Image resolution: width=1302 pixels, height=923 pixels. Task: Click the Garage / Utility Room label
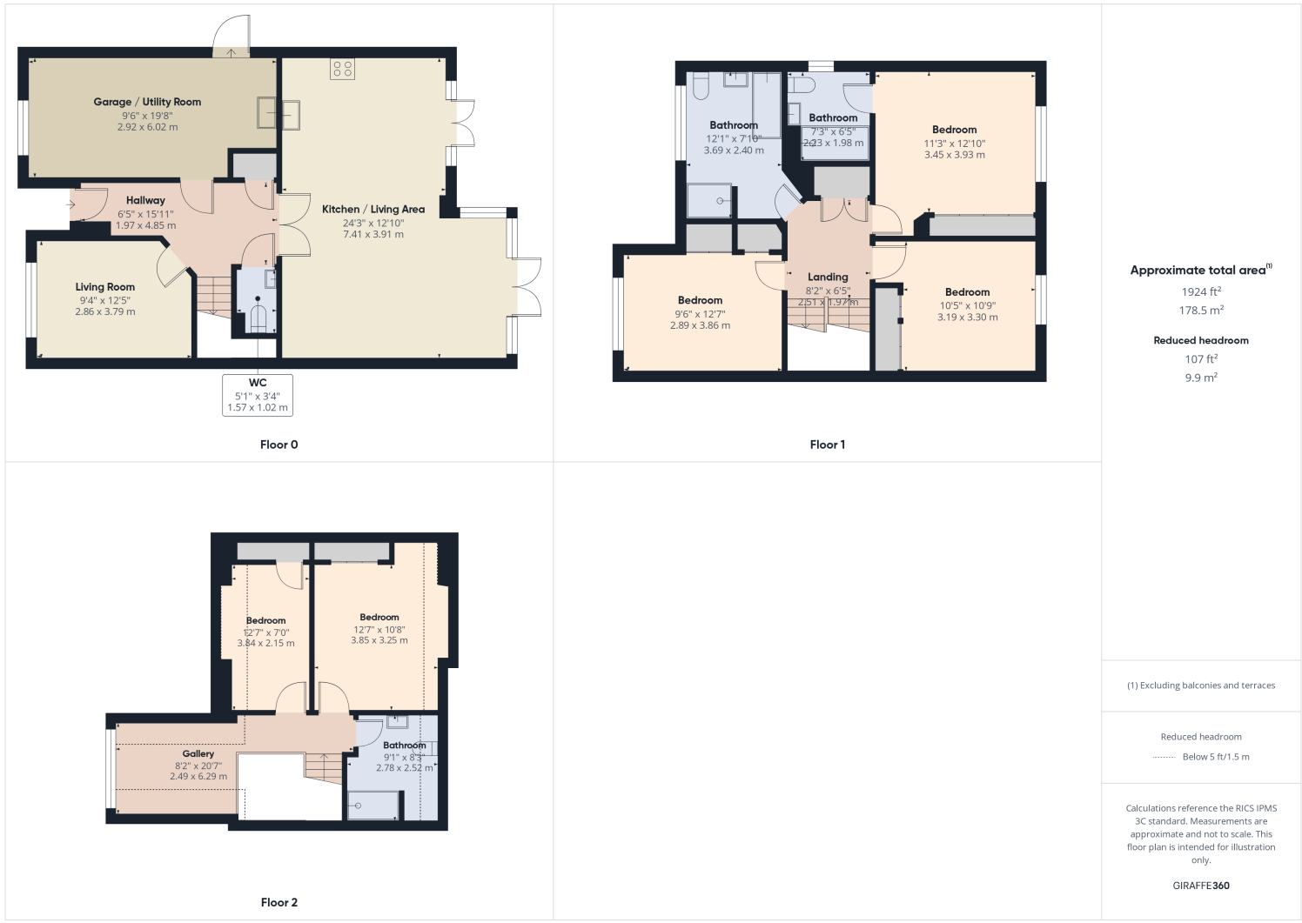[147, 102]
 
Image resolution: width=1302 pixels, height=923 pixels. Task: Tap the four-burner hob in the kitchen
[342, 69]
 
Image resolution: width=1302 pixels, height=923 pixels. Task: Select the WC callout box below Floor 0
[258, 395]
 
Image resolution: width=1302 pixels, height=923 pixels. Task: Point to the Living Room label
[104, 287]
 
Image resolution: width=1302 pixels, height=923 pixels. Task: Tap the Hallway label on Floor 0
[145, 200]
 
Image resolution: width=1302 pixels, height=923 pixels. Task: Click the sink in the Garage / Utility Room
[279, 114]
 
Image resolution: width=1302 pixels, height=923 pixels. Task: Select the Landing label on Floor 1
[827, 277]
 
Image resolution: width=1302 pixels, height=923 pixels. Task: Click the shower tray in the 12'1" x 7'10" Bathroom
[709, 200]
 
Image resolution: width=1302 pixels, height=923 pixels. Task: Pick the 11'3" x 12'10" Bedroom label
[954, 130]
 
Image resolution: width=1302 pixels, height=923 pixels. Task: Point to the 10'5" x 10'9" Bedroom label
[967, 292]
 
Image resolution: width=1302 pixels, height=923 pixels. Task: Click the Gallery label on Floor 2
[198, 753]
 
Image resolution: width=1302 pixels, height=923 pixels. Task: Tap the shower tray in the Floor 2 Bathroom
[373, 805]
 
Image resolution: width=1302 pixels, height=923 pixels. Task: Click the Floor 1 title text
[827, 445]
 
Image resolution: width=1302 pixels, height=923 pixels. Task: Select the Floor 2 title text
[279, 902]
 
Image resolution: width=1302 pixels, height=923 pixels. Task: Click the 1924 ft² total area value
[1200, 292]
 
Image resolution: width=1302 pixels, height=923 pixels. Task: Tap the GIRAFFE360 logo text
[1200, 886]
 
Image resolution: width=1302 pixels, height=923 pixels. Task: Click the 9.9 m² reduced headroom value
[1200, 378]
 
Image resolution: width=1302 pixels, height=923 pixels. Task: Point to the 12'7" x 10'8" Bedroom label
[379, 617]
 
